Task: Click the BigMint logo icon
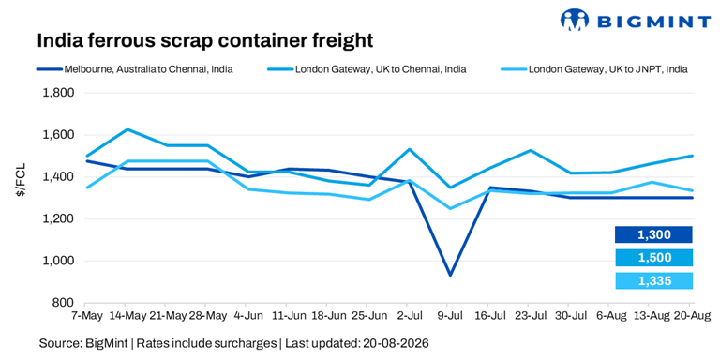click(575, 20)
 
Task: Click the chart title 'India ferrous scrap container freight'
click(204, 41)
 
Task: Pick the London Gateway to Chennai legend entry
click(367, 69)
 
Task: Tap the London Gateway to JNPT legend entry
click(593, 69)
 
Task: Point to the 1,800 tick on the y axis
click(58, 93)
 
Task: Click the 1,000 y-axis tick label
click(58, 261)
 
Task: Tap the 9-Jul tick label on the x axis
click(450, 316)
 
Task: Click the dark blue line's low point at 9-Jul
click(450, 275)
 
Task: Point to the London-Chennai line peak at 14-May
click(126, 129)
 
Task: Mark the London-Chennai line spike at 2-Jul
click(410, 149)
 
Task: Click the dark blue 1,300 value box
click(653, 234)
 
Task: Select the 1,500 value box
click(653, 258)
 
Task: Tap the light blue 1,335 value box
click(653, 280)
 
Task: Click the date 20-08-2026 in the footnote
click(396, 343)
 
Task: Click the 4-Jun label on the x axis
click(246, 316)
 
